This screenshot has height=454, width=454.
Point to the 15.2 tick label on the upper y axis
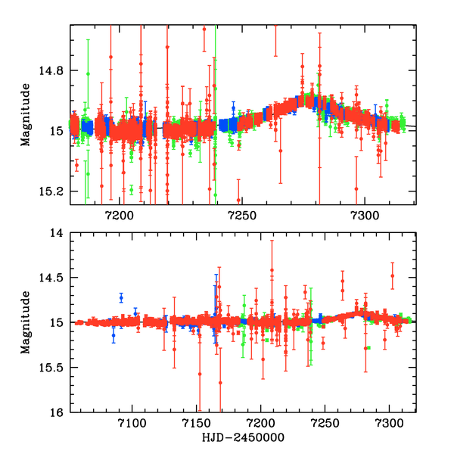[x=51, y=191]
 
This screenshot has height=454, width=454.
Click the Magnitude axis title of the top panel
[x=26, y=114]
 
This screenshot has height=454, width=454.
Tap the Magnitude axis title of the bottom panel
[x=26, y=322]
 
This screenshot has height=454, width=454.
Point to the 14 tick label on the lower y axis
[x=58, y=233]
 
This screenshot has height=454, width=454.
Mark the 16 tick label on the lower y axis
[x=58, y=412]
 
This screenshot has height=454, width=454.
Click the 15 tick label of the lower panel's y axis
[x=58, y=323]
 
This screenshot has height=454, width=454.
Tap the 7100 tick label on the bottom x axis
[x=132, y=423]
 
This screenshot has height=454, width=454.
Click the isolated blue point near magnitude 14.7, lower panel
[x=121, y=297]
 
